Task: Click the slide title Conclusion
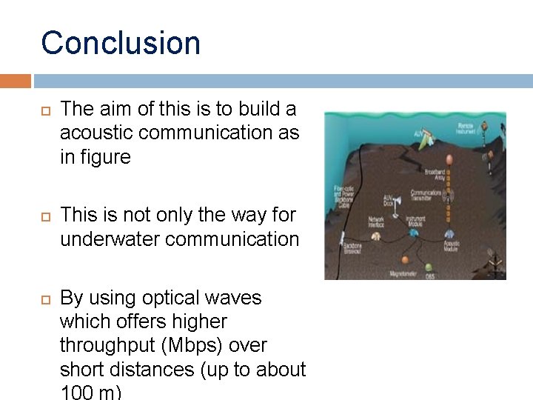[121, 43]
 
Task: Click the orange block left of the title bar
[16, 81]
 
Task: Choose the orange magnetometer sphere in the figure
[405, 260]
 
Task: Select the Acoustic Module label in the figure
[451, 246]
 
